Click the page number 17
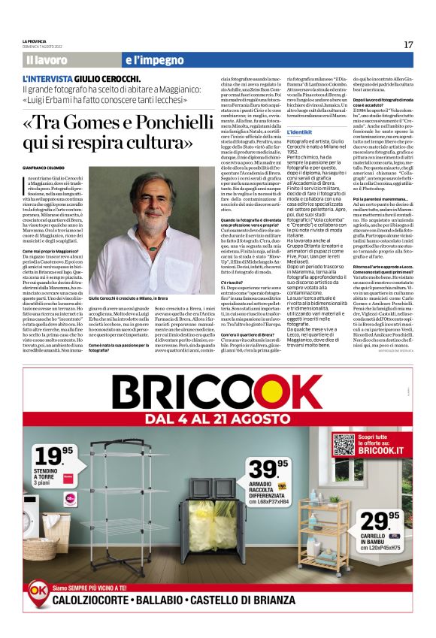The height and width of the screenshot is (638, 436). tap(408, 44)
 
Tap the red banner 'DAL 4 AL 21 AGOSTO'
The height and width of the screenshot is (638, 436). tap(217, 417)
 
